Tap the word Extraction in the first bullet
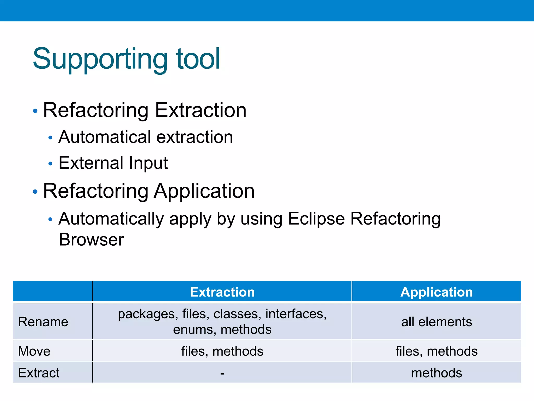(201, 110)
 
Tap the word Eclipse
(316, 219)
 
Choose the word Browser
(91, 240)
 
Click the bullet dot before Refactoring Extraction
(35, 111)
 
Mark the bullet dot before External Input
(50, 164)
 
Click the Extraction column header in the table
(222, 292)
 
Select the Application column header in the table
(436, 292)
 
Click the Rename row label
(43, 322)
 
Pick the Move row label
(34, 351)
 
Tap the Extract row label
(39, 373)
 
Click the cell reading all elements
(436, 322)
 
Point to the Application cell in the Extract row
(436, 373)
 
